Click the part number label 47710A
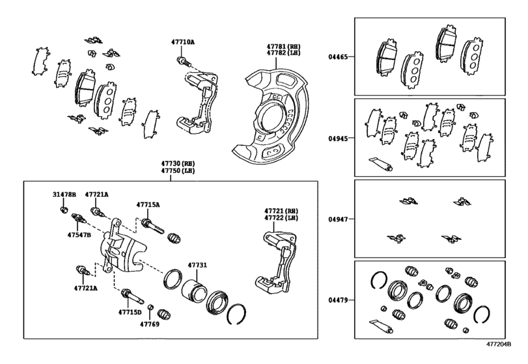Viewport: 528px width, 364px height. coord(182,42)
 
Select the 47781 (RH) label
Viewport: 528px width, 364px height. coord(283,46)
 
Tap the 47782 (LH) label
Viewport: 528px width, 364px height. coord(283,53)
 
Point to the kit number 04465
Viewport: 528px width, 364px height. coord(338,57)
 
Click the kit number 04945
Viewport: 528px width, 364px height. coord(338,138)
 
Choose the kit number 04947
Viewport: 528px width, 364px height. coord(338,219)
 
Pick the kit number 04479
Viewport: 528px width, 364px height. coord(338,300)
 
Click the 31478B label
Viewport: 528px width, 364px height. coord(64,194)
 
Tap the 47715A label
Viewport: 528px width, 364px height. coord(148,204)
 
